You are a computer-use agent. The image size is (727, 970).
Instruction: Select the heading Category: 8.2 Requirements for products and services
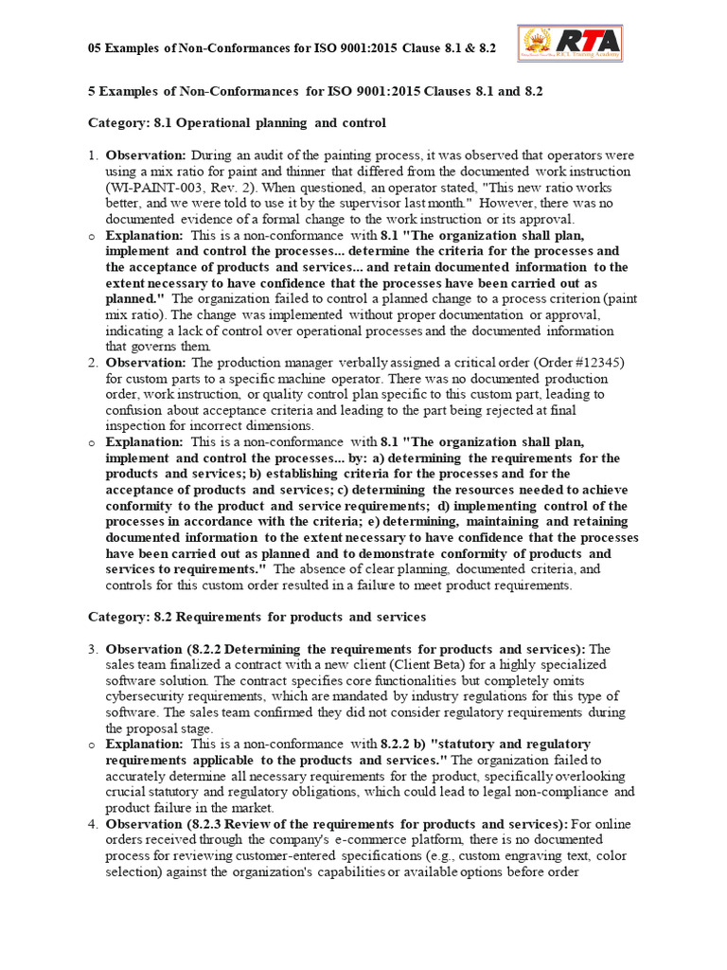click(x=257, y=617)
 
